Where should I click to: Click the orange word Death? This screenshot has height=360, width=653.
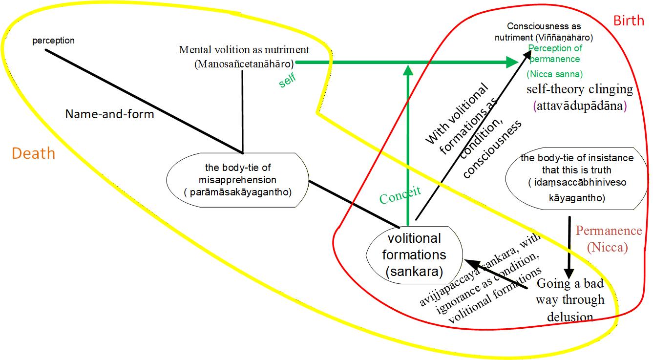pos(34,153)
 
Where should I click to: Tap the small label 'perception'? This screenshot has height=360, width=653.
pos(54,41)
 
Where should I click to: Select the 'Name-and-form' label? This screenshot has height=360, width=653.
pos(110,114)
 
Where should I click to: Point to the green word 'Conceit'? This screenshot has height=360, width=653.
pos(400,195)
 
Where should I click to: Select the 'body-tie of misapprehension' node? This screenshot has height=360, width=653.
pos(238,180)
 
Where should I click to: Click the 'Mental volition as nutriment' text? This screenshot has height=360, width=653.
pos(244,56)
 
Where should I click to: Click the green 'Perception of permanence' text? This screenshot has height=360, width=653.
pos(555,53)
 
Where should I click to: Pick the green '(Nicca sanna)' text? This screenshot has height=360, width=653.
pos(555,74)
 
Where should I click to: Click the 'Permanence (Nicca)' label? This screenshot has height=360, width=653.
pos(609,239)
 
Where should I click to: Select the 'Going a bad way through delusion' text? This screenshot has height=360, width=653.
pos(570,300)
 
